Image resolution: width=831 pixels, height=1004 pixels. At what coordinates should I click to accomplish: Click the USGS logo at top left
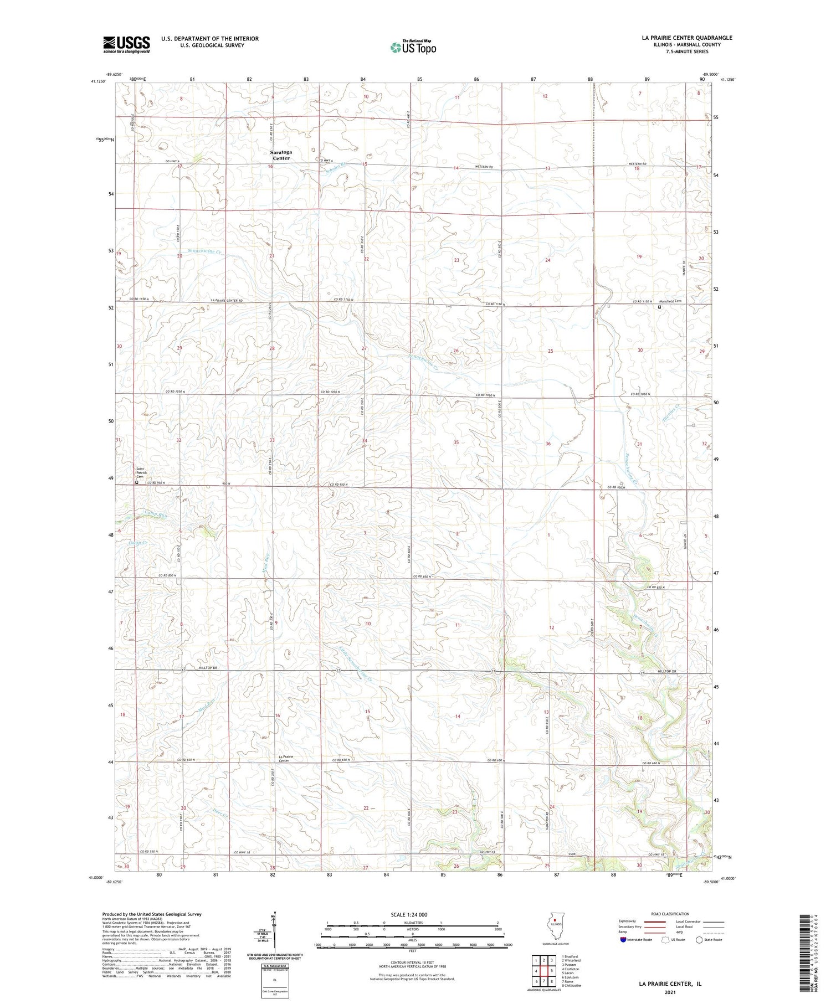(x=126, y=44)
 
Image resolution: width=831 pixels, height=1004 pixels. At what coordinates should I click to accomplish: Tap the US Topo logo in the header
(x=413, y=48)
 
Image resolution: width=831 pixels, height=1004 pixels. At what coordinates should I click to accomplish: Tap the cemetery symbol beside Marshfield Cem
(x=659, y=307)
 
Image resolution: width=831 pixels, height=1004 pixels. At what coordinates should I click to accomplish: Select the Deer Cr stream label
(x=207, y=812)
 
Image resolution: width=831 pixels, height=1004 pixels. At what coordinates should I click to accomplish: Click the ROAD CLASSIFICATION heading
(x=670, y=914)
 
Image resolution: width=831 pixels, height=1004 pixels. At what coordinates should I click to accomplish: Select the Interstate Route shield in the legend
(x=623, y=940)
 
